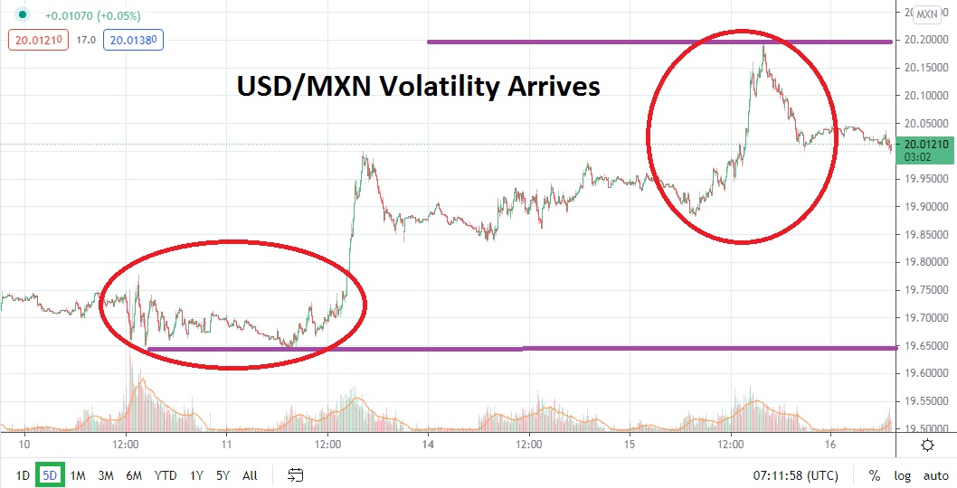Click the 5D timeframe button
pos(50,475)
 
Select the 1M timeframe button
pos(78,475)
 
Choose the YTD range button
pos(166,475)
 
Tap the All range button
pos(251,475)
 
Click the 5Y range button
pos(223,475)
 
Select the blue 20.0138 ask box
pos(133,39)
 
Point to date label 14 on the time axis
pos(429,445)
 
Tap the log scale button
pos(904,475)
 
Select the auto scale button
pos(935,475)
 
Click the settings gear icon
pos(927,445)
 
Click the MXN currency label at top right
pos(926,14)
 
